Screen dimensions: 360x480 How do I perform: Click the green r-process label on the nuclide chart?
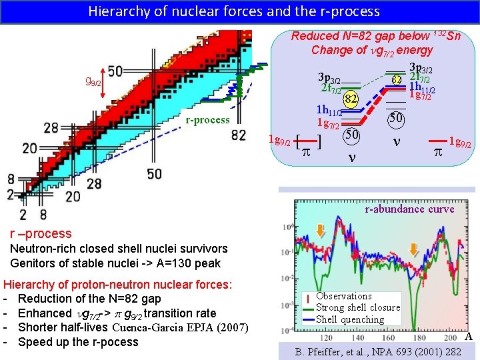pos(207,121)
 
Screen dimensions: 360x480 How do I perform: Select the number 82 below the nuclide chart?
pos(239,135)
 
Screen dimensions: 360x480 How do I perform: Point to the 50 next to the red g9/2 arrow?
pos(115,71)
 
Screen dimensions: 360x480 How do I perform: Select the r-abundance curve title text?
pos(409,209)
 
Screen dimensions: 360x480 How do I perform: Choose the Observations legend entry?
pos(344,295)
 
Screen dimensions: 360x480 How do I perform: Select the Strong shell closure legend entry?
pos(358,307)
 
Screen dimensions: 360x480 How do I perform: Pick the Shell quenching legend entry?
pos(350,319)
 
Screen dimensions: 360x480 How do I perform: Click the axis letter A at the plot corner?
pos(468,337)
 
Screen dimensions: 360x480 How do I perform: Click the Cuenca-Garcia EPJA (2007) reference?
pos(181,327)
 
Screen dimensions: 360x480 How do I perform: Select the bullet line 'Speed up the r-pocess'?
pos(78,342)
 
